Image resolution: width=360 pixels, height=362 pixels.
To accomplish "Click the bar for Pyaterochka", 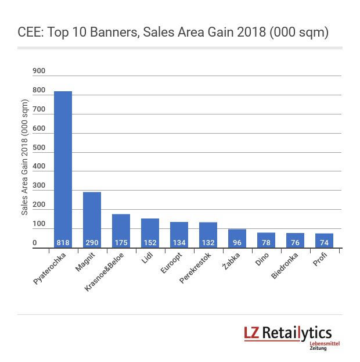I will [x=63, y=169].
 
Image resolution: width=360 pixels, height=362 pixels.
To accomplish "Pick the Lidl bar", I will [x=150, y=232].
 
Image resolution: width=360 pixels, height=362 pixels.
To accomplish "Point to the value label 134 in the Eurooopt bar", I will [x=179, y=242].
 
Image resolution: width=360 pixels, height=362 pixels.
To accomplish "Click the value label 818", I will [x=63, y=242].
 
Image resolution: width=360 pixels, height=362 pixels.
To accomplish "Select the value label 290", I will [x=92, y=242].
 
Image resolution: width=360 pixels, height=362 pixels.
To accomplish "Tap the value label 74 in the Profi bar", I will [x=324, y=242].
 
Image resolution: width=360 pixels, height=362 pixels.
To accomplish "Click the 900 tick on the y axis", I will [x=39, y=71].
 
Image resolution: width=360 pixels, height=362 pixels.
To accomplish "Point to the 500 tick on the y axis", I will [x=39, y=148].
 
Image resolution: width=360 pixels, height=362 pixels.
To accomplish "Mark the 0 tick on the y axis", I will [x=35, y=243].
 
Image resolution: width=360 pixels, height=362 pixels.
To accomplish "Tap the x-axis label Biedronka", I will [x=285, y=267].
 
